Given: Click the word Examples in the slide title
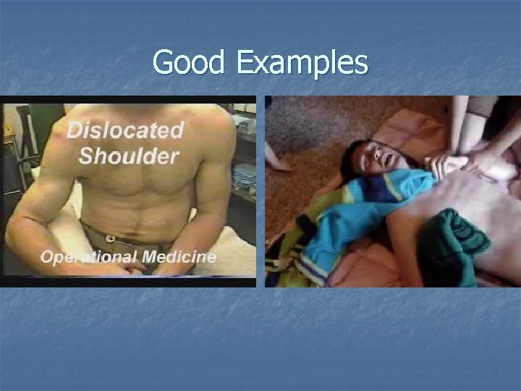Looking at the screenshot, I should [x=301, y=64].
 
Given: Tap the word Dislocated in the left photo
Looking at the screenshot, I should [x=124, y=131].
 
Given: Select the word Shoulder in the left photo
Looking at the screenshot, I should [x=130, y=155].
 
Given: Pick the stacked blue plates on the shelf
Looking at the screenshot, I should [x=245, y=174].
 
